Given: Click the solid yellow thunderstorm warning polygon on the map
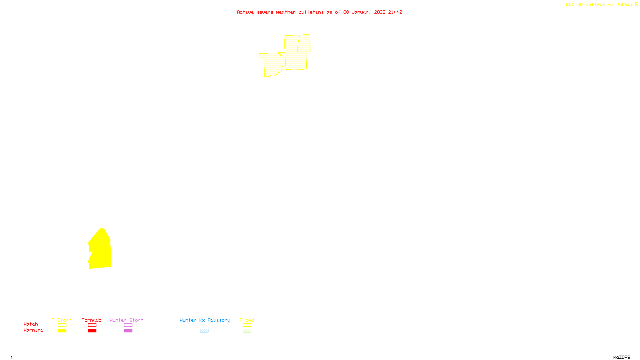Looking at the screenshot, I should (x=100, y=250).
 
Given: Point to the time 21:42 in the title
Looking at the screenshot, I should (x=395, y=12).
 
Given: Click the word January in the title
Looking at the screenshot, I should (x=362, y=12).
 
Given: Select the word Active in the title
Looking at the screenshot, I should (x=245, y=12).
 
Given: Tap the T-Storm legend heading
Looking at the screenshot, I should (x=62, y=320).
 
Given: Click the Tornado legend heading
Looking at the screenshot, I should (x=92, y=320).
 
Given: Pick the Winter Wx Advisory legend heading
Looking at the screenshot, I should (x=205, y=320).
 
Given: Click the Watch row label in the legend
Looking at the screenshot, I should (x=31, y=324).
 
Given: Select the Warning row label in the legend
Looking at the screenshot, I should (x=34, y=330).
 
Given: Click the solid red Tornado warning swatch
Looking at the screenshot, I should (x=92, y=331).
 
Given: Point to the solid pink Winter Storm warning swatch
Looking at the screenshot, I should (x=128, y=331).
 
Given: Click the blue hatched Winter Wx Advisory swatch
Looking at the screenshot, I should (x=204, y=331).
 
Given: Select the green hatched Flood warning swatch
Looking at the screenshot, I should (x=247, y=331).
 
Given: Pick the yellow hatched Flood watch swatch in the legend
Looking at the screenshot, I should (x=247, y=325).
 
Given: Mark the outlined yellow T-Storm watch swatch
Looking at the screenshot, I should (x=62, y=325).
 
